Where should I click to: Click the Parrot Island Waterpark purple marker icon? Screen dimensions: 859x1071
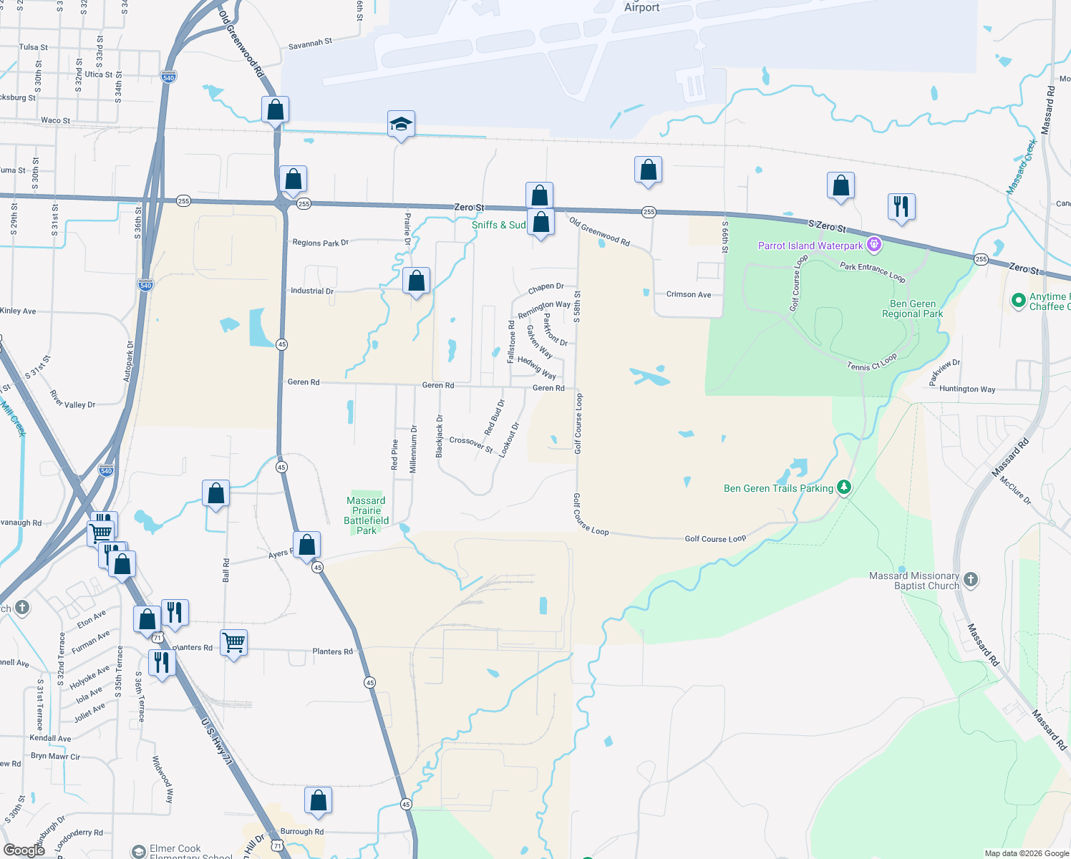click(873, 246)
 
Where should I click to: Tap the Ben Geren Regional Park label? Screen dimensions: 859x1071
click(912, 309)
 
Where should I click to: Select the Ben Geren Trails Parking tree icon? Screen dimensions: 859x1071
click(844, 487)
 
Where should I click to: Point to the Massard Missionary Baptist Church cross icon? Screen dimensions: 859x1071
click(971, 579)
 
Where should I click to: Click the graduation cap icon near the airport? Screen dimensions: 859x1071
click(401, 125)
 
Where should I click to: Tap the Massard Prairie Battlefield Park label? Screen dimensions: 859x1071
click(366, 515)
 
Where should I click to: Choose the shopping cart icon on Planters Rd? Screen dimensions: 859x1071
click(233, 643)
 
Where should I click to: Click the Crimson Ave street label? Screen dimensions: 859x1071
click(689, 294)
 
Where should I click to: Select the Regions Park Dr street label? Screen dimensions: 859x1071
click(320, 243)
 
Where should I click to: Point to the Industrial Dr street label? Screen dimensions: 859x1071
click(312, 291)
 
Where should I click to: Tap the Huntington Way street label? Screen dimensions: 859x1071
click(967, 389)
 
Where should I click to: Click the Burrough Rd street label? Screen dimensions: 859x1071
click(302, 832)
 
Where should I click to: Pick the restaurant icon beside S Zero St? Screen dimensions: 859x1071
click(901, 206)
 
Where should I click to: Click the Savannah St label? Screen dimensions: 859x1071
click(310, 44)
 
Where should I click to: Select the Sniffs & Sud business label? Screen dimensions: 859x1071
click(498, 225)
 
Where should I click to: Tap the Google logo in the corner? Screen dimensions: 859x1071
click(24, 850)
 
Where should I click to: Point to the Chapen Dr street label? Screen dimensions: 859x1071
click(546, 288)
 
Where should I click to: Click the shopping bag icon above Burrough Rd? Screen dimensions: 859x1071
click(318, 800)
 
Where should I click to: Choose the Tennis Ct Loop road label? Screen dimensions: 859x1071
click(871, 363)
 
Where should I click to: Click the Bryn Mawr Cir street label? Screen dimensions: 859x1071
click(55, 756)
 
